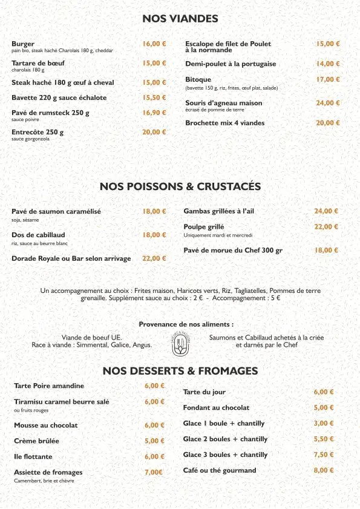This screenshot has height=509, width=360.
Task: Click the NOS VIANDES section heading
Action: [x=180, y=19]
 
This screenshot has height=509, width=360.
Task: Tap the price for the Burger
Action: [x=154, y=44]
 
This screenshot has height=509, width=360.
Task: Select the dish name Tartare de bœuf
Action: [x=38, y=63]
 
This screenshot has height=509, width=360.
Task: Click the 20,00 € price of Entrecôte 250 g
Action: [x=154, y=132]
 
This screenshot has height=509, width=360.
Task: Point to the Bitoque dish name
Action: [x=198, y=80]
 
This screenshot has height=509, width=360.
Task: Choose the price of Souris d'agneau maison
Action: [x=328, y=103]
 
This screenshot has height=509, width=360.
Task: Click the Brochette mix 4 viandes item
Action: [x=224, y=123]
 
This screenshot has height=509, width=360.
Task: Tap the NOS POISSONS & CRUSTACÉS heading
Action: [x=180, y=186]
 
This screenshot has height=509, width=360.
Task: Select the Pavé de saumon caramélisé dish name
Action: [x=56, y=212]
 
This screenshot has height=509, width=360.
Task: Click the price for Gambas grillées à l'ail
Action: [x=326, y=211]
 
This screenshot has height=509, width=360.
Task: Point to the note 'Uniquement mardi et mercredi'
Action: [x=218, y=235]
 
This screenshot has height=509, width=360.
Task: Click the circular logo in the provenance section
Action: [x=180, y=341]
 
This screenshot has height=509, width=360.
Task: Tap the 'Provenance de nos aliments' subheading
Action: [x=186, y=324]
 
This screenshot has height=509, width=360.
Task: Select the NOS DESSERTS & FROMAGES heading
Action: [x=180, y=370]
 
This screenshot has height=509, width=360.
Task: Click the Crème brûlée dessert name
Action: [x=37, y=441]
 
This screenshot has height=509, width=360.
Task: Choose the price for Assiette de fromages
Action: [x=154, y=473]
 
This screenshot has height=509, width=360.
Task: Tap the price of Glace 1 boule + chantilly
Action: [x=324, y=424]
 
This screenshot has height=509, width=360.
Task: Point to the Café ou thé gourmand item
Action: [x=220, y=470]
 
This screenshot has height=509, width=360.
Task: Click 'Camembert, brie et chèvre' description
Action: [x=44, y=481]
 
